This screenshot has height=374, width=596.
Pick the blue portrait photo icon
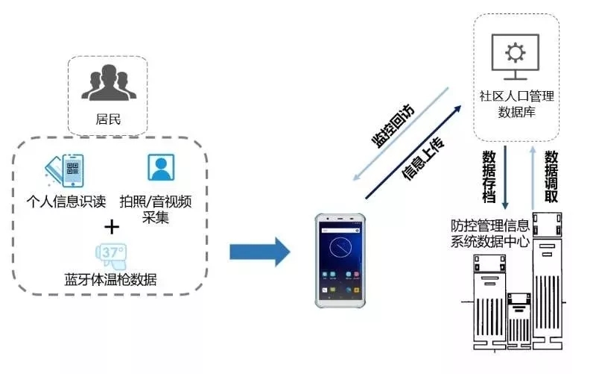pyautogui.click(x=160, y=167)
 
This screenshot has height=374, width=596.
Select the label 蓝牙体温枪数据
pyautogui.click(x=110, y=280)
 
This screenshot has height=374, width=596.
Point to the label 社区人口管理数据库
pyautogui.click(x=517, y=105)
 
